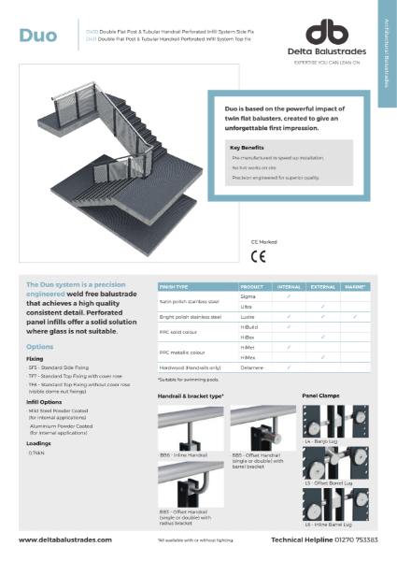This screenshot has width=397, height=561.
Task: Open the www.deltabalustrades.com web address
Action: coord(64,539)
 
